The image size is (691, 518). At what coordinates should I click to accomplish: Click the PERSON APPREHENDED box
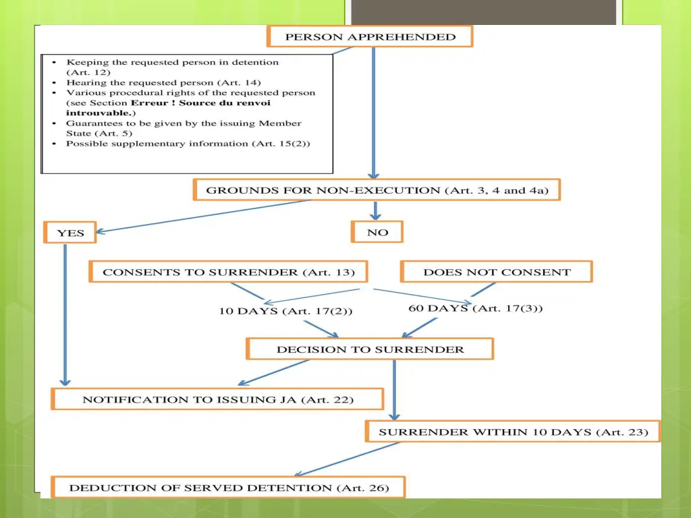370,36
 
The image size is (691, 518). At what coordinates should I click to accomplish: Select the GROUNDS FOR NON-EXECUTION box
377,190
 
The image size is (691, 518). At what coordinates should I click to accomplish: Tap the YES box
70,233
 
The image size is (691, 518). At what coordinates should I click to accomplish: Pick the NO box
377,232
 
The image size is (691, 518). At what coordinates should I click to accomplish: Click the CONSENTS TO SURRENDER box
228,272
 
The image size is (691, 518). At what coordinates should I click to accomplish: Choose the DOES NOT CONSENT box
497,272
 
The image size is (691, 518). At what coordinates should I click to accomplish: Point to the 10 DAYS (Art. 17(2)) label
285,311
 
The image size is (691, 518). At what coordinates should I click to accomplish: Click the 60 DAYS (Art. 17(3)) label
476,308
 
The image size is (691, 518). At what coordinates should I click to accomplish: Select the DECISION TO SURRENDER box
370,349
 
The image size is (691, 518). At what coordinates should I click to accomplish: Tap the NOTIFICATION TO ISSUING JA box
217,399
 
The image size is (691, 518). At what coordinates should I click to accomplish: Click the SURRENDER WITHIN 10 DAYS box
513,432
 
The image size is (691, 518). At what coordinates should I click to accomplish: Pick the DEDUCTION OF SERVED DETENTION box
228,488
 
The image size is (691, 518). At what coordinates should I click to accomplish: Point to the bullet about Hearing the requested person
163,82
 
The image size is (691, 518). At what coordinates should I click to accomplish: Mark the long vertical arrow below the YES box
65,315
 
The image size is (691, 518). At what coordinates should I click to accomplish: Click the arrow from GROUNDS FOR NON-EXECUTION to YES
203,216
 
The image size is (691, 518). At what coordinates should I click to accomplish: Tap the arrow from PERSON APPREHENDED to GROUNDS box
374,113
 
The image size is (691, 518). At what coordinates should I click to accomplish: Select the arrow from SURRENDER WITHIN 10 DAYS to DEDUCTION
347,459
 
